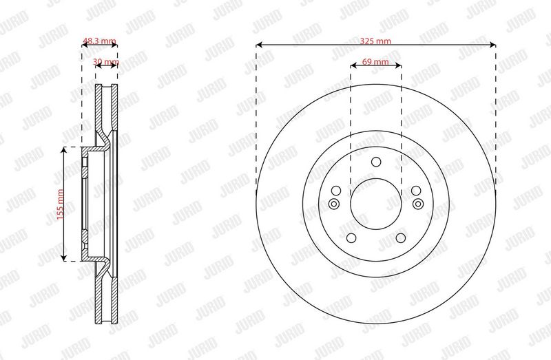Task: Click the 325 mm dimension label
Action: point(375,41)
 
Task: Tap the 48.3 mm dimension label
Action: point(99,41)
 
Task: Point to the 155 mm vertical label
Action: point(60,204)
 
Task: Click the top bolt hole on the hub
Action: point(376,162)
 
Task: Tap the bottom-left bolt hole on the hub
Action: point(351,237)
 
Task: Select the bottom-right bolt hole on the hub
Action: point(401,237)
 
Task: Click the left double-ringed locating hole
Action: point(333,204)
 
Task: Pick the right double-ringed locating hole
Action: point(418,204)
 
